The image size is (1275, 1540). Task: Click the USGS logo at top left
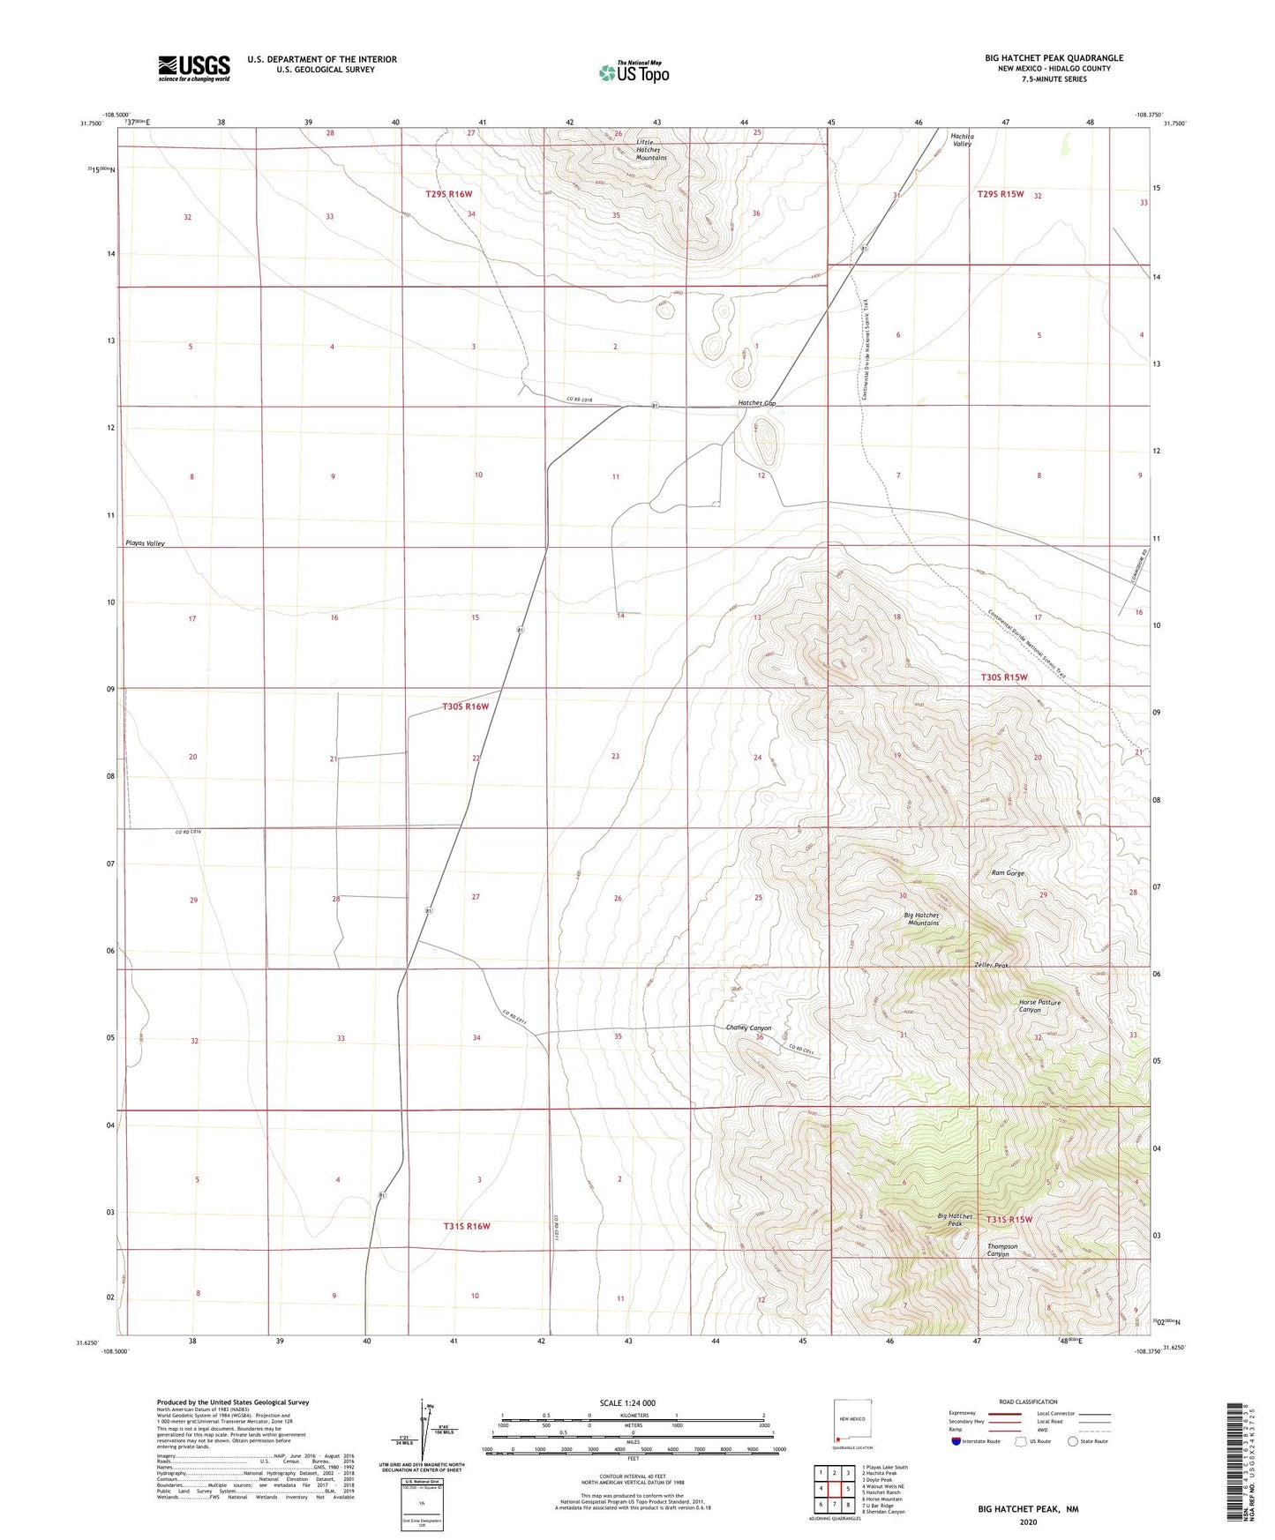(194, 68)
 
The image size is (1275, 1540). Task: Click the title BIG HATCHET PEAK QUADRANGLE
(1054, 58)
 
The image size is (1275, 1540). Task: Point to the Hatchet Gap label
(757, 403)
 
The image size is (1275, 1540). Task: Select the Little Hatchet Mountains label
(651, 149)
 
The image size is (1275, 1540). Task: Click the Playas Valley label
(145, 543)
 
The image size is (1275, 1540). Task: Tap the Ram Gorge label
(1008, 873)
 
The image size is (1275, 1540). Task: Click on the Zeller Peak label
(991, 966)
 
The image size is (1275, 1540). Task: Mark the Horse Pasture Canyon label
(1039, 1006)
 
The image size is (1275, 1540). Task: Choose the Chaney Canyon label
(748, 1028)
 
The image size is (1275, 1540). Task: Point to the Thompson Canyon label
(1001, 1250)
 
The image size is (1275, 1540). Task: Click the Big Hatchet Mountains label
(921, 919)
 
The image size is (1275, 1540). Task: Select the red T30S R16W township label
(465, 706)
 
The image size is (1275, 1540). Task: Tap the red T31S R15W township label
(1009, 1219)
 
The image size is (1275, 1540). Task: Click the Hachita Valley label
(962, 140)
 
